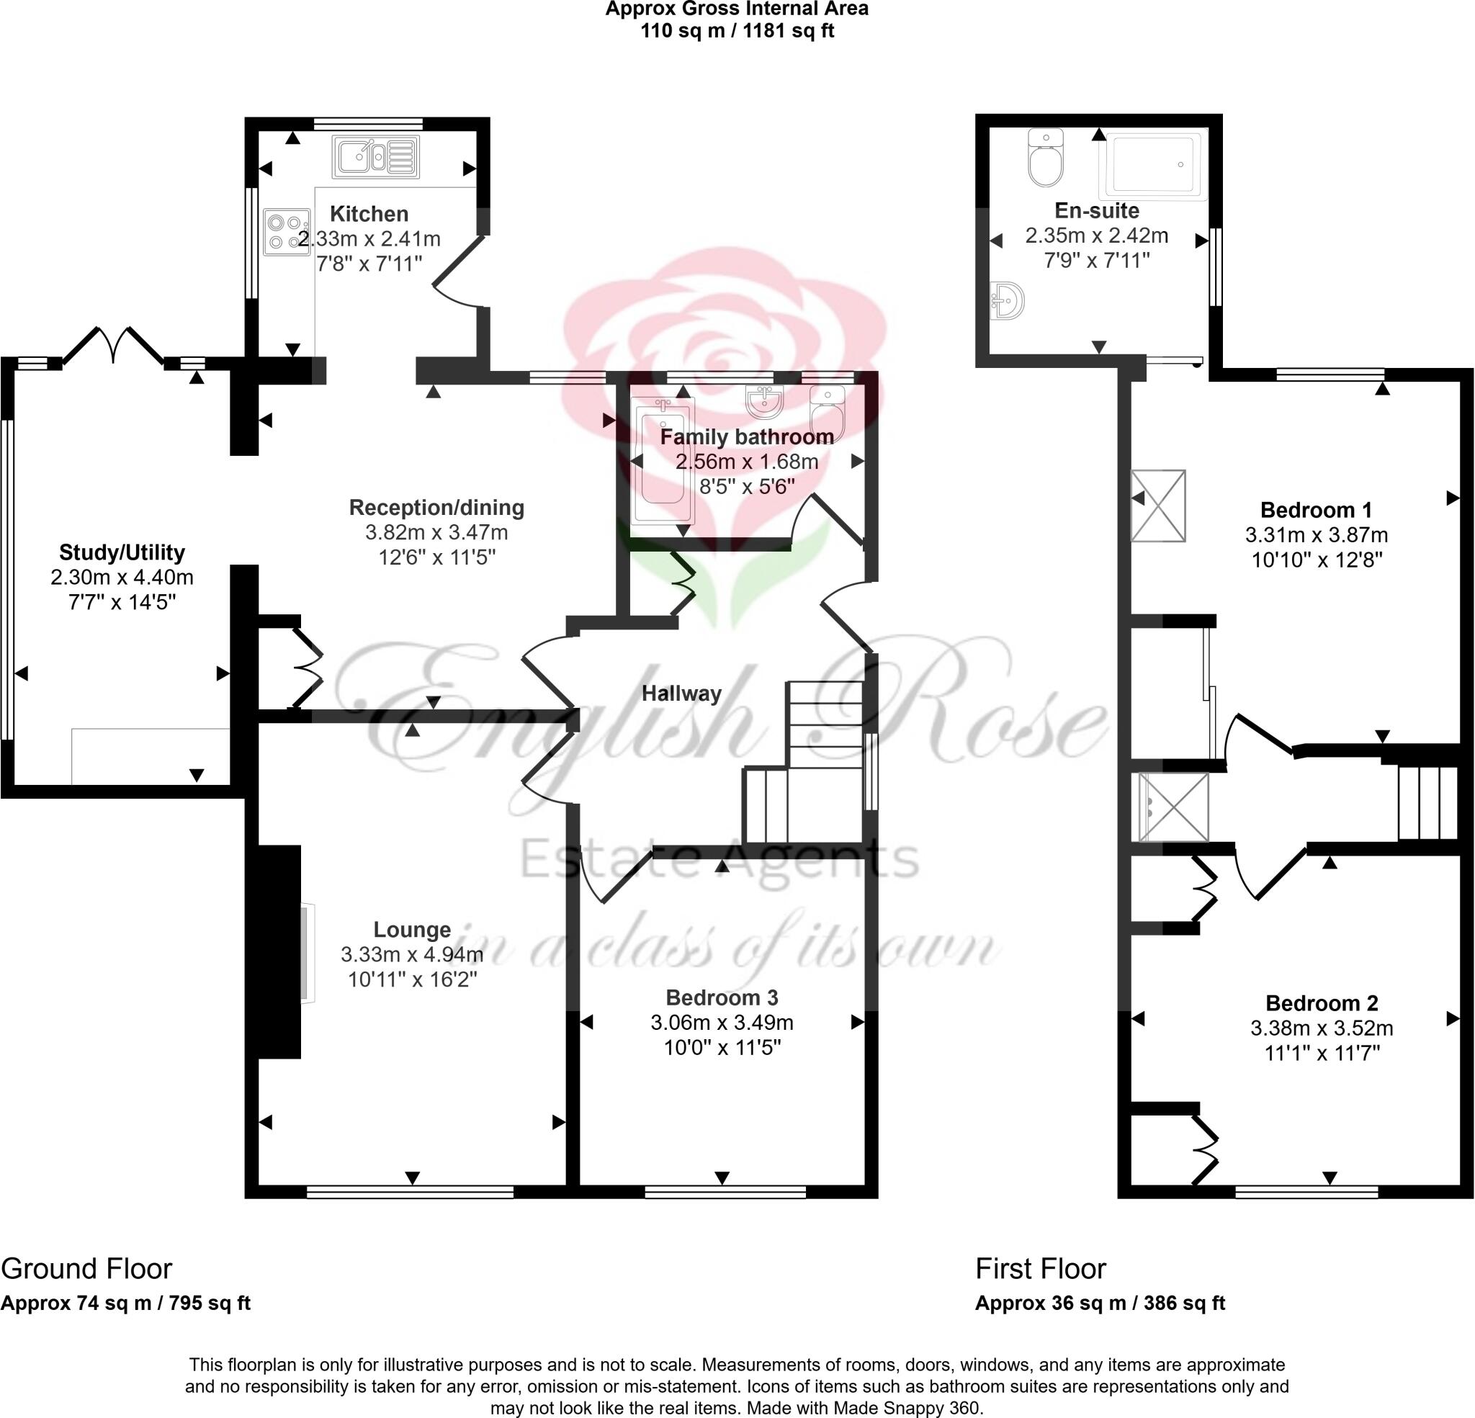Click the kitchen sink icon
coord(375,157)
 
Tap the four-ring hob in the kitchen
coord(287,232)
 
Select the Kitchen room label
coord(369,214)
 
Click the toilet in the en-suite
coord(1045,157)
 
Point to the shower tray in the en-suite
coord(1152,164)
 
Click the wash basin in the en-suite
coord(1007,301)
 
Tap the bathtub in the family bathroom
coord(663,461)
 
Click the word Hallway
coord(681,694)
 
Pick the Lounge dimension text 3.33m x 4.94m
coord(412,954)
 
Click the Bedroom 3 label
coord(722,997)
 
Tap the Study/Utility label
coord(122,552)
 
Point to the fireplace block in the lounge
coord(279,951)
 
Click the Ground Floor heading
coord(86,1269)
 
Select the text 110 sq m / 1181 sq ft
coord(737,31)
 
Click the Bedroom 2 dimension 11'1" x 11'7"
coord(1322,1053)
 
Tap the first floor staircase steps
coord(1427,802)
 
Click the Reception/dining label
coord(436,507)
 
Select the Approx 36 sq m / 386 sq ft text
coord(1100,1303)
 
